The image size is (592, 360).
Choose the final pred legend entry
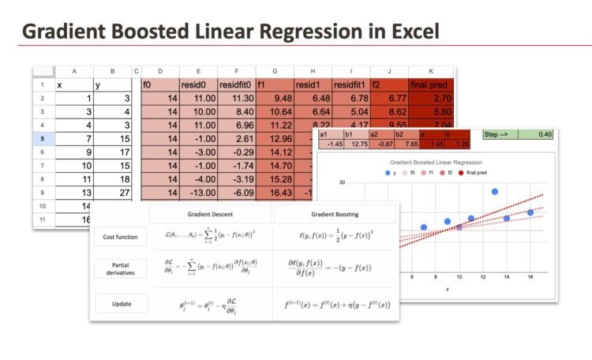point(473,172)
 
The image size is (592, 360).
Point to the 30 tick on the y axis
point(343,182)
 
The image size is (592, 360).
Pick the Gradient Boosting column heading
point(336,214)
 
